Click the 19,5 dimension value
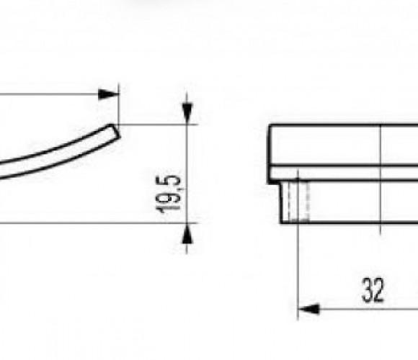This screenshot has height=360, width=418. (x=169, y=194)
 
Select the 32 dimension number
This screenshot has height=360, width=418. (x=373, y=290)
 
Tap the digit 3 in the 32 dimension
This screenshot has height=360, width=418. (x=367, y=290)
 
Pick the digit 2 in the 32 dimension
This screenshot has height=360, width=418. (x=379, y=290)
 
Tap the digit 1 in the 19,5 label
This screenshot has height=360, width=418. (x=169, y=210)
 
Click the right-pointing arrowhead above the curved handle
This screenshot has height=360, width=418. (x=108, y=94)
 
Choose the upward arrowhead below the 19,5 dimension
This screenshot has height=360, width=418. (x=187, y=233)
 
